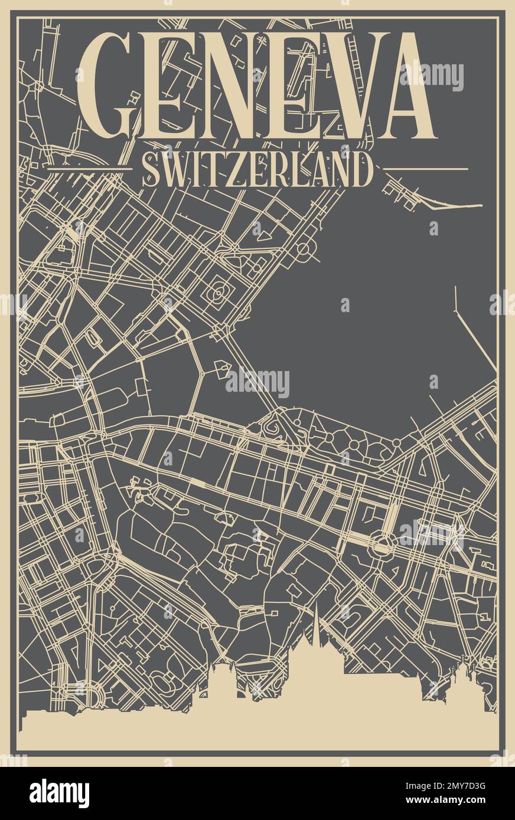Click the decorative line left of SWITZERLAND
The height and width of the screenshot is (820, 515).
[x=89, y=169]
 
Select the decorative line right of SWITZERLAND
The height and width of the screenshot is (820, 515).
[x=426, y=169]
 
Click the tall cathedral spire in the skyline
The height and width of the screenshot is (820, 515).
[x=316, y=625]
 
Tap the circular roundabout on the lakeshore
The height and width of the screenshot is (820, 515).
[x=302, y=249]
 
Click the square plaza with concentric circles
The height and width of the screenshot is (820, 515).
[x=219, y=291]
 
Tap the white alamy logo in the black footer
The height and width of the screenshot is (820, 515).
[x=59, y=793]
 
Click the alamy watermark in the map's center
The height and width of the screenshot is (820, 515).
[x=257, y=383]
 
